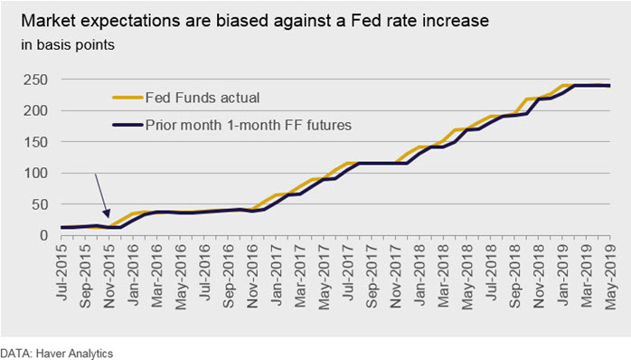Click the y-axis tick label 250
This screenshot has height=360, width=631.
coord(35,80)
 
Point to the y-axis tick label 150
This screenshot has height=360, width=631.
coord(35,142)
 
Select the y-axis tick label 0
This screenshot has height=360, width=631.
coord(44,235)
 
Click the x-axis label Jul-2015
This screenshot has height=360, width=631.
coord(62,272)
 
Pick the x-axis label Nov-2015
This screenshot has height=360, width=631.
coord(109,276)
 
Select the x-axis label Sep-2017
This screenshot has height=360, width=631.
coord(372,276)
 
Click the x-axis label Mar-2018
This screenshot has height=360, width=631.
coord(443,276)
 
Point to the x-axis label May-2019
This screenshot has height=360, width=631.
coord(609,277)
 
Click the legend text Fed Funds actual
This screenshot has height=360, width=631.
coord(202,98)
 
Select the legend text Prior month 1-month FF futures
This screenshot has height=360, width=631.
coord(249,125)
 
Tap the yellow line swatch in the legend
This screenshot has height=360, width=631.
coord(127,98)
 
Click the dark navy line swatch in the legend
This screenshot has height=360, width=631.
coord(127,125)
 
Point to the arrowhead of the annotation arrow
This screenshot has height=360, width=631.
coord(107,213)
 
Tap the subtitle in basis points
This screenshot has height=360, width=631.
coord(68,44)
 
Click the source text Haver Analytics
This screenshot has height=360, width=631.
coord(74,354)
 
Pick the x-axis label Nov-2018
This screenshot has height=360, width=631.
coord(538,276)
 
